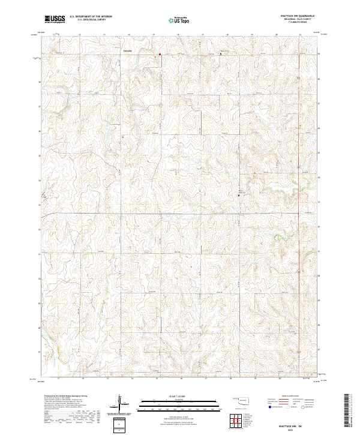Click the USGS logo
55,19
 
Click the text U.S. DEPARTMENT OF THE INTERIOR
91,16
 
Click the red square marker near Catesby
160,55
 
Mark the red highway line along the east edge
300,180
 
